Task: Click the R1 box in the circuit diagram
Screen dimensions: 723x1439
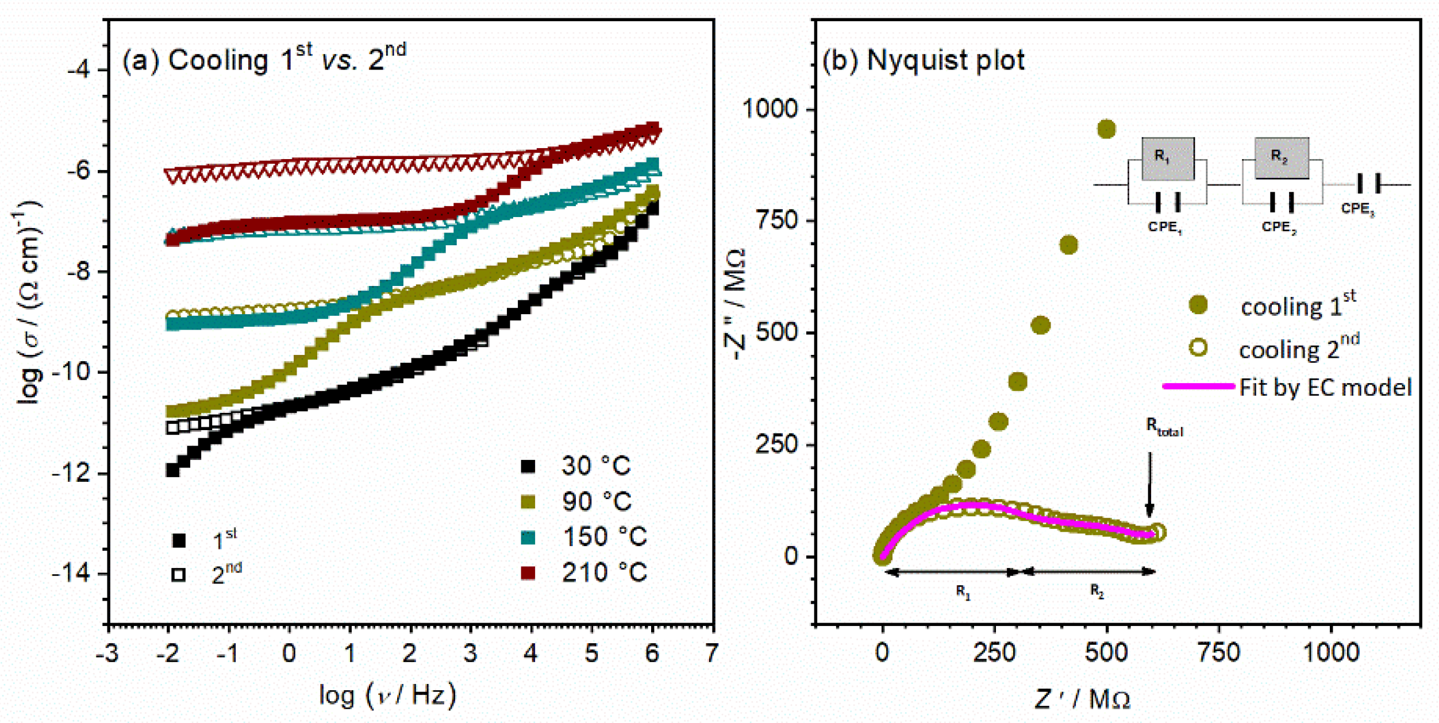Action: [x=1167, y=158]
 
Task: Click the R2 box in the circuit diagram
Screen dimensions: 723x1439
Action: [x=1281, y=158]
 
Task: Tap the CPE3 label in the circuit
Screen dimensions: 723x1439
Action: [x=1357, y=209]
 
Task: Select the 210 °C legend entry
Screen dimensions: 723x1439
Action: [x=603, y=573]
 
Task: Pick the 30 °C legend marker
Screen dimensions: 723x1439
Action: [x=528, y=466]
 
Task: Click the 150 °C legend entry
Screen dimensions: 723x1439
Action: [x=603, y=537]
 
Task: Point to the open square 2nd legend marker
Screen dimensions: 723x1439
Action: [x=179, y=574]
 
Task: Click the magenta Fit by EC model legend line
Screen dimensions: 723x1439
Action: [x=1198, y=386]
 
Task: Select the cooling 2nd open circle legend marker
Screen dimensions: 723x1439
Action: [x=1198, y=348]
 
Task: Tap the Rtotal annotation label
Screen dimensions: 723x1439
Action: [x=1164, y=427]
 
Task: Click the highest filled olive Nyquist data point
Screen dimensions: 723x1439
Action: [x=1106, y=129]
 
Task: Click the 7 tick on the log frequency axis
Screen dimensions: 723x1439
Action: [x=712, y=654]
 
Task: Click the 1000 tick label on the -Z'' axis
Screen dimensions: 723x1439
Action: [x=770, y=109]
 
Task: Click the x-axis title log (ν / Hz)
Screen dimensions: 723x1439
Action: [x=388, y=696]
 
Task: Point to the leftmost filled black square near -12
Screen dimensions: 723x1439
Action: [x=172, y=470]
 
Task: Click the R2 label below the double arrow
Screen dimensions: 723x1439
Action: [x=1097, y=592]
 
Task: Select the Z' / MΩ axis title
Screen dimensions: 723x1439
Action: [x=1082, y=699]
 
